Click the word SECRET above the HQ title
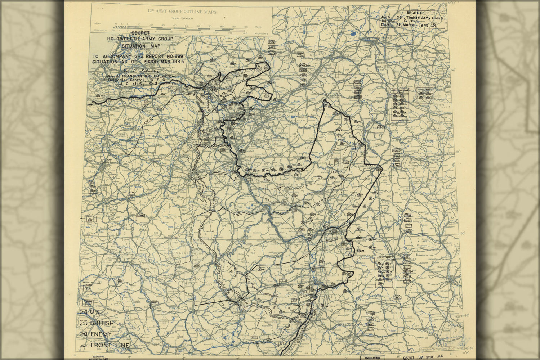[138, 33]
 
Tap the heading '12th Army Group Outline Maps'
[182, 12]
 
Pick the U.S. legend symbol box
[84, 312]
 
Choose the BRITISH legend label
[102, 323]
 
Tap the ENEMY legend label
[101, 334]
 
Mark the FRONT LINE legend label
[110, 346]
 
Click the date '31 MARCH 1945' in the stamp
[413, 25]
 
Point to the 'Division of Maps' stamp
[372, 358]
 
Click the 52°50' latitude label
[451, 3]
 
